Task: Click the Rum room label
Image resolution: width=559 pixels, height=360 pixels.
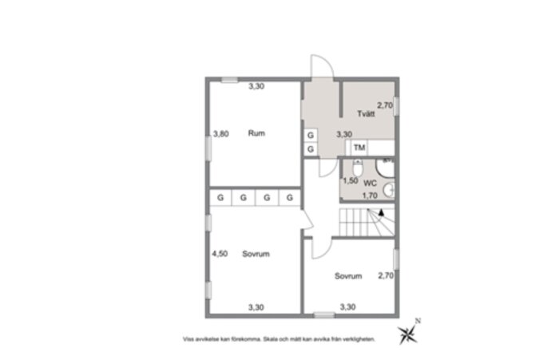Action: [x=256, y=133]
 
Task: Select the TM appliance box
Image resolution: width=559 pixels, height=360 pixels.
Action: [x=359, y=148]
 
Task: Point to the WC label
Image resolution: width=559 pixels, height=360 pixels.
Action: [x=370, y=183]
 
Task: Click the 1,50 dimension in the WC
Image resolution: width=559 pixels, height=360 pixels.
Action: [x=350, y=181]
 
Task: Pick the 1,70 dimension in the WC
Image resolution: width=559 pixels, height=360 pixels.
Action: [x=370, y=195]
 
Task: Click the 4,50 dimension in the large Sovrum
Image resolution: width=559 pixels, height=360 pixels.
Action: [x=220, y=254]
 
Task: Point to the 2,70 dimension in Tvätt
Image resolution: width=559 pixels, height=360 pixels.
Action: [x=385, y=105]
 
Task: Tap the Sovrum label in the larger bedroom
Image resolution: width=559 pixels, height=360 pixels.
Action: [x=256, y=254]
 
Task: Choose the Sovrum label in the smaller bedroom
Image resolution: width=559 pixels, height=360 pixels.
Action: [x=349, y=276]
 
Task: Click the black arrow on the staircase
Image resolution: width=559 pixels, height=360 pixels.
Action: [x=383, y=212]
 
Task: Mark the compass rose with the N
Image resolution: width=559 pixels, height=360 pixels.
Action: [x=409, y=332]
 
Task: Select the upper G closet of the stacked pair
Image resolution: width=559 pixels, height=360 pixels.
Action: [x=310, y=135]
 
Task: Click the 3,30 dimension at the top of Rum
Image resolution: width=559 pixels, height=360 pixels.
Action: [x=256, y=86]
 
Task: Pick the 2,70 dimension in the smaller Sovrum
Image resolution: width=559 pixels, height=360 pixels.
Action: [x=386, y=276]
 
